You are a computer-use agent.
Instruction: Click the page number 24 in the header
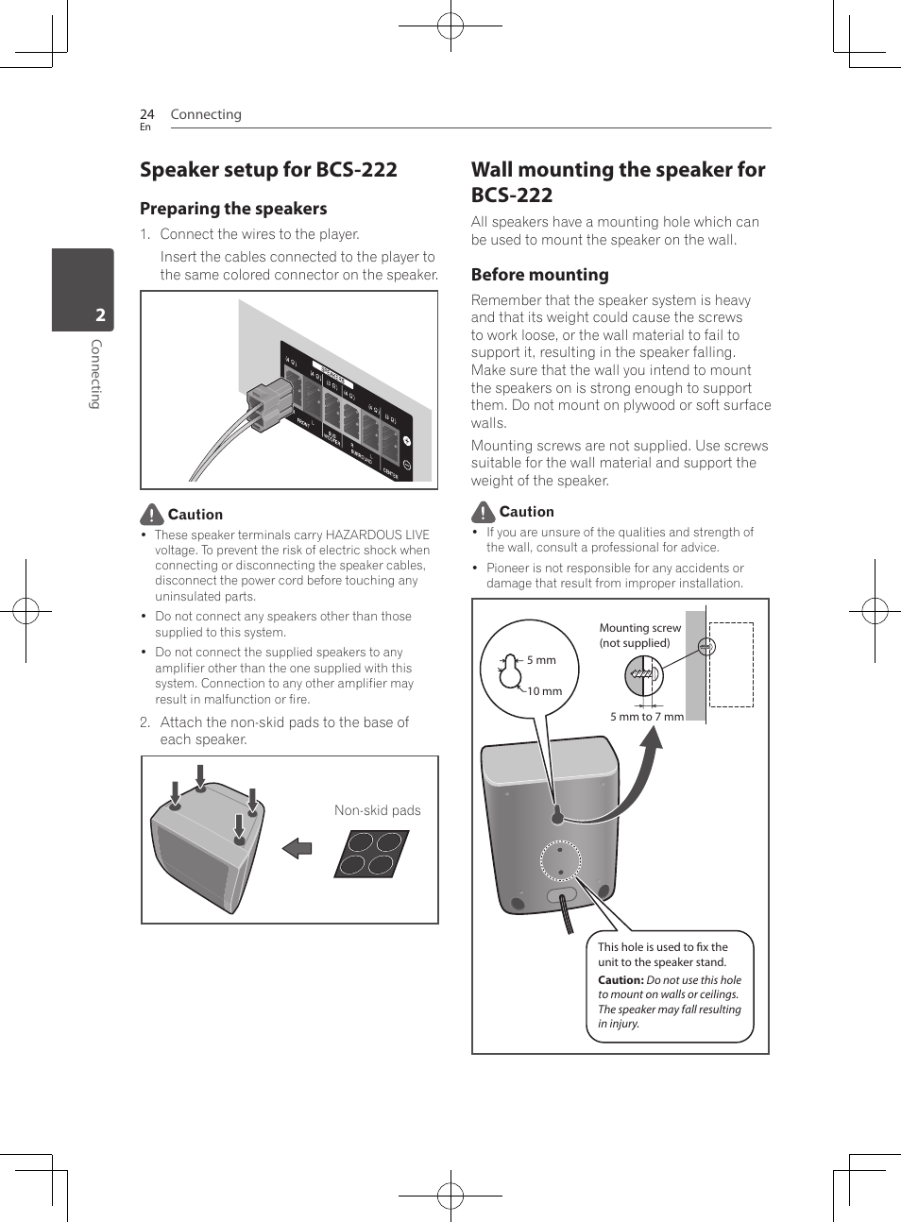click(x=146, y=114)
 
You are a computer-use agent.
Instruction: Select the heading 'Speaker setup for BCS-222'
click(x=268, y=170)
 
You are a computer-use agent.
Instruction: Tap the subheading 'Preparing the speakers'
click(x=233, y=209)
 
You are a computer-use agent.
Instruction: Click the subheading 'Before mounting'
click(x=539, y=275)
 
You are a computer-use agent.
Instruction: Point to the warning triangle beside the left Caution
click(x=151, y=515)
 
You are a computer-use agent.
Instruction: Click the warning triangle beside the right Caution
click(x=483, y=512)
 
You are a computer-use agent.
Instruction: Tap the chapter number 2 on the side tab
click(x=100, y=315)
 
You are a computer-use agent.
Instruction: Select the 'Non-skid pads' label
click(x=377, y=810)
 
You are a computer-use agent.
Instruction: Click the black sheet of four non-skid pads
click(x=371, y=854)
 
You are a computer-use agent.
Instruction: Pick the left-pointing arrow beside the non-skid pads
click(x=297, y=847)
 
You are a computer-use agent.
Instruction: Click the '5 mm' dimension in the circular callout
click(x=541, y=660)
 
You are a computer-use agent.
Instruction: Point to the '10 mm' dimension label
click(x=544, y=691)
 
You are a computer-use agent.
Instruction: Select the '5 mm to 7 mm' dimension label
click(x=646, y=717)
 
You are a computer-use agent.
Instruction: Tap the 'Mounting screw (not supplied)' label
click(x=639, y=635)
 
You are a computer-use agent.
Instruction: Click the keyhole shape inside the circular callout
click(x=510, y=670)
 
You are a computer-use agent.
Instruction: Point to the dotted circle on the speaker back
click(x=560, y=860)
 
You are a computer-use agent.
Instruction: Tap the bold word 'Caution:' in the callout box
click(x=620, y=980)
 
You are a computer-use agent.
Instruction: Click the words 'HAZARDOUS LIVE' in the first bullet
click(x=377, y=535)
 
